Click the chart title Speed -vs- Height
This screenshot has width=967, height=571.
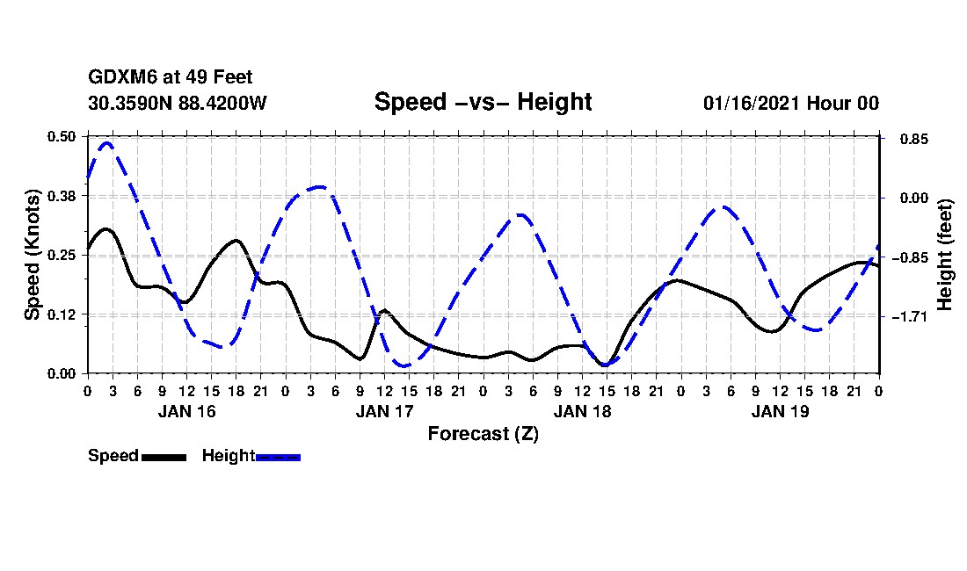(483, 102)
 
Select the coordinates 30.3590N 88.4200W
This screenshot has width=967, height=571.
(178, 103)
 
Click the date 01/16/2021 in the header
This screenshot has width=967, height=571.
(751, 103)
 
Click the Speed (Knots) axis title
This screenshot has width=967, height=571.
(33, 254)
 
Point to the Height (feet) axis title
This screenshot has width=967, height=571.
(946, 255)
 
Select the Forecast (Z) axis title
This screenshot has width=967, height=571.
(483, 434)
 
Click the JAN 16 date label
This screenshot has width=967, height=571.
(186, 411)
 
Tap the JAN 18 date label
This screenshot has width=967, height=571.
(582, 411)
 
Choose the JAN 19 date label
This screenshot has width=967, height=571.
(781, 411)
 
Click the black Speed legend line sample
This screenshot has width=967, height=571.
(164, 457)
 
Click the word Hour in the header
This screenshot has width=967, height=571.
(827, 103)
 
